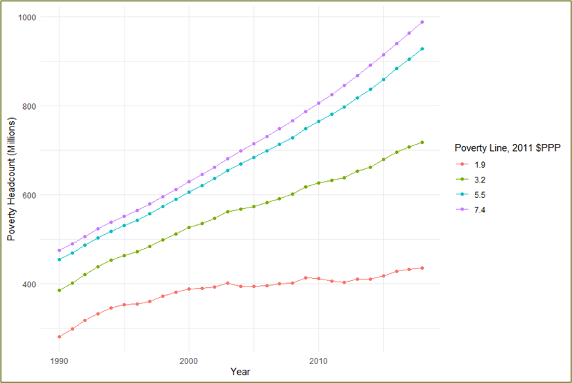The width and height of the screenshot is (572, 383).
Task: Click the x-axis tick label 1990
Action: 59,359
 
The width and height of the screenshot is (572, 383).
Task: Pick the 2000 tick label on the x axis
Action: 189,359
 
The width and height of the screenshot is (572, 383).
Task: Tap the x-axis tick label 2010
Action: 318,359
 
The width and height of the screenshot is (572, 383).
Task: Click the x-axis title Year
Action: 241,372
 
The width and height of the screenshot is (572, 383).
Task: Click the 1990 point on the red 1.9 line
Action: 59,336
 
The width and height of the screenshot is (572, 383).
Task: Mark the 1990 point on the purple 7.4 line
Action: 59,250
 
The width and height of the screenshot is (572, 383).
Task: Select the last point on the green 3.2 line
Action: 422,143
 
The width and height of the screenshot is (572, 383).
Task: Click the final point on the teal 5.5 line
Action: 422,49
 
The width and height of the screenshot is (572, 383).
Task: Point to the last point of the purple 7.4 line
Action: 422,22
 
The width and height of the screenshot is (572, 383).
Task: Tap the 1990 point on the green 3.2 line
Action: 59,290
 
